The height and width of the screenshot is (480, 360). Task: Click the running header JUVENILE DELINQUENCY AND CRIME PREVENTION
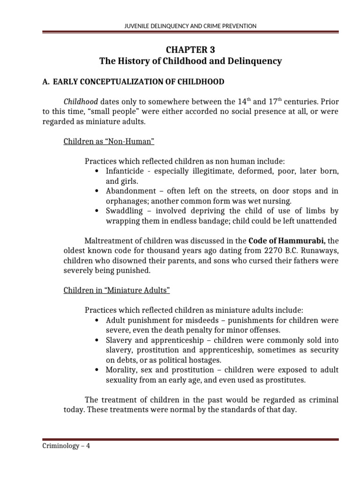[180, 26]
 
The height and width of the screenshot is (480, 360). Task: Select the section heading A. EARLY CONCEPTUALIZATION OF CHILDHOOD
[133, 82]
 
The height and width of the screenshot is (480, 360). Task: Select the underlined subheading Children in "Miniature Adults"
[116, 291]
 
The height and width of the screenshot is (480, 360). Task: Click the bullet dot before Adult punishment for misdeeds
[96, 320]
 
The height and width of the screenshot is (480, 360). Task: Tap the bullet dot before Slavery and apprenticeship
[96, 340]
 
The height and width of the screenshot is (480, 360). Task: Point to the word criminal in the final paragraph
[322, 400]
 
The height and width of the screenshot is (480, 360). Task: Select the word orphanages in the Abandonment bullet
[126, 201]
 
